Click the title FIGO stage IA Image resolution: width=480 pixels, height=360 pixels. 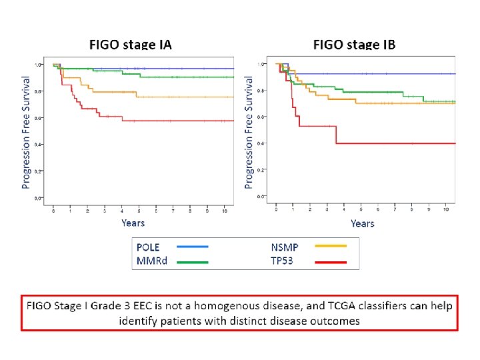(131, 45)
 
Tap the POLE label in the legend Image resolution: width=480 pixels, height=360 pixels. (148, 247)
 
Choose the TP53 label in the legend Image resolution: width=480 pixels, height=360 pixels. (284, 262)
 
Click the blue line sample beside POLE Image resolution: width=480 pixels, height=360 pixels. (193, 247)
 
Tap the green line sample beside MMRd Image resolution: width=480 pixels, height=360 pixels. (193, 262)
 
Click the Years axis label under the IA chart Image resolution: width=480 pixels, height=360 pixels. (133, 223)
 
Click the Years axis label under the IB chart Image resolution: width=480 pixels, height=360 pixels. (362, 223)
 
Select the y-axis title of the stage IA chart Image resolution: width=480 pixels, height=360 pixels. (26, 132)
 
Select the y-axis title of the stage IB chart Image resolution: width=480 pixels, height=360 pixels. (249, 132)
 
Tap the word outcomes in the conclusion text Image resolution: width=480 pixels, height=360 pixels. (336, 321)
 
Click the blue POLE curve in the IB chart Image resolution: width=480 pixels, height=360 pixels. (373, 73)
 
